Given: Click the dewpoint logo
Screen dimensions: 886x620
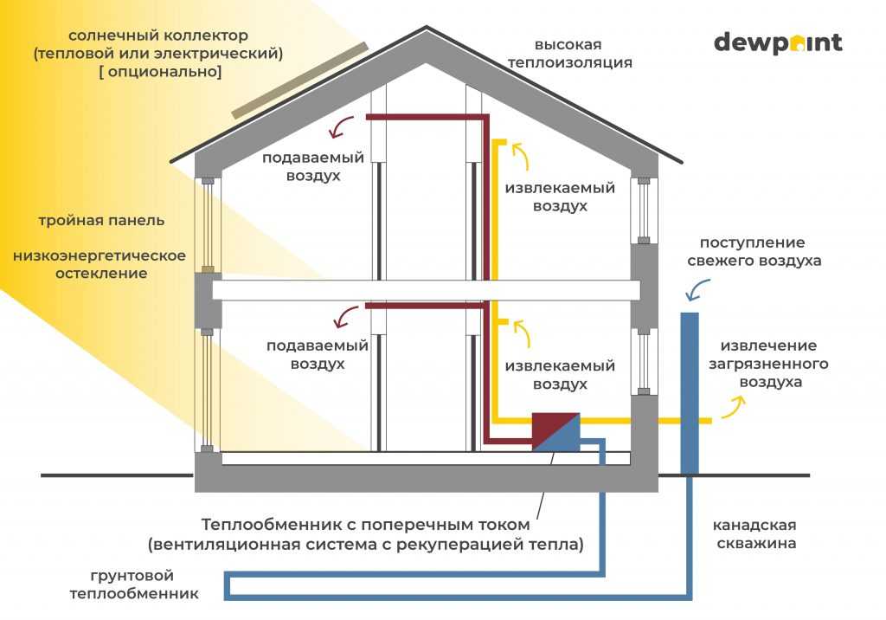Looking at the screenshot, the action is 778,43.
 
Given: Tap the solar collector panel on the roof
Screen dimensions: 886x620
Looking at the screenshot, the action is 299,81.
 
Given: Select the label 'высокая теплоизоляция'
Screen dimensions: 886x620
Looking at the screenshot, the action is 569,53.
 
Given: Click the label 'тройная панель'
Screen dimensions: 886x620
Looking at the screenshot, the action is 102,221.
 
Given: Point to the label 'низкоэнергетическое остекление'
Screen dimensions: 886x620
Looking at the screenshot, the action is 100,264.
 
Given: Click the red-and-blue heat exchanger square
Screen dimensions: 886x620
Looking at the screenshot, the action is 556,431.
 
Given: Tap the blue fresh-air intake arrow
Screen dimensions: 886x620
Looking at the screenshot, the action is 697,289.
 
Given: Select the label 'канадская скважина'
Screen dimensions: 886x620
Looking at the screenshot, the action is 754,534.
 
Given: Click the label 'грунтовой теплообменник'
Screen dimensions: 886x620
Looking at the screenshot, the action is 134,584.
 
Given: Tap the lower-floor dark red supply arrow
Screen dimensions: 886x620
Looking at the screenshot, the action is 345,317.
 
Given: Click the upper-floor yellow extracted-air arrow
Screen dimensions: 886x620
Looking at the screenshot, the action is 521,156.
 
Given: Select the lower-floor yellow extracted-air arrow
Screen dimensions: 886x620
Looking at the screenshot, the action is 522,333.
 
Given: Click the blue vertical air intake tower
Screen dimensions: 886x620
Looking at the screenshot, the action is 690,393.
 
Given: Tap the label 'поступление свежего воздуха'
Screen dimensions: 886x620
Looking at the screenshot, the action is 754,252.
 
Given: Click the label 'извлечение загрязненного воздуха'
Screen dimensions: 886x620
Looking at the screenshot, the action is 769,364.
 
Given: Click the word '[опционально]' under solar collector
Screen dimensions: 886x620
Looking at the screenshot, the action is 160,72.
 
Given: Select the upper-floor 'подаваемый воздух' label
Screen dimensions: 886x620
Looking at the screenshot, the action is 313,166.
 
